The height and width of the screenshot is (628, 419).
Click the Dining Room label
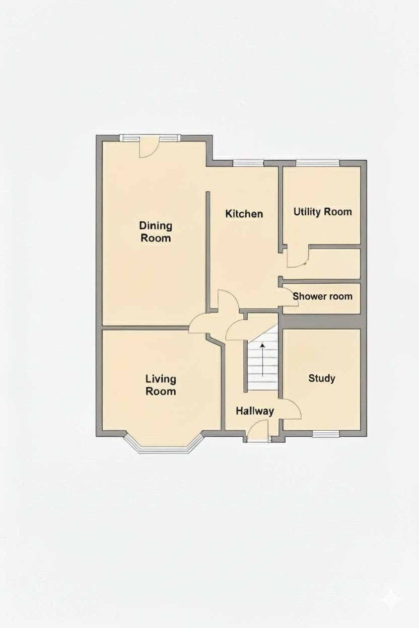[156, 231]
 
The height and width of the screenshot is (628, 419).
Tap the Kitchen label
[244, 214]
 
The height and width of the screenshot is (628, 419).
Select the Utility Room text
[322, 212]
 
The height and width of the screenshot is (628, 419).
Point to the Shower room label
[322, 296]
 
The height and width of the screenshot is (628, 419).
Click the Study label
[322, 378]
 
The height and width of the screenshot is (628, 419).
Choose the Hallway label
[255, 411]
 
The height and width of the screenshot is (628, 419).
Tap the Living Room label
[161, 385]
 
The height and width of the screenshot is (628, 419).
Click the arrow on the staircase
[263, 360]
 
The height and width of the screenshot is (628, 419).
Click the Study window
[326, 434]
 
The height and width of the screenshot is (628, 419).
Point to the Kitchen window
[248, 163]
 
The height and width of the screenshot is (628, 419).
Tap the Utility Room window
[317, 163]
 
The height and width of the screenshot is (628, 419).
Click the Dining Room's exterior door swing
[149, 148]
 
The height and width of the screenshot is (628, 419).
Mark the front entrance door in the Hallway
[258, 431]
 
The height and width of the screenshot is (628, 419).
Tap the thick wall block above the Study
[321, 321]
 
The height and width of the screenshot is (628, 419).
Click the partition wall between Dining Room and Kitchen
[208, 251]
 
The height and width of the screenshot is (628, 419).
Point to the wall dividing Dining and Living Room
[145, 328]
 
